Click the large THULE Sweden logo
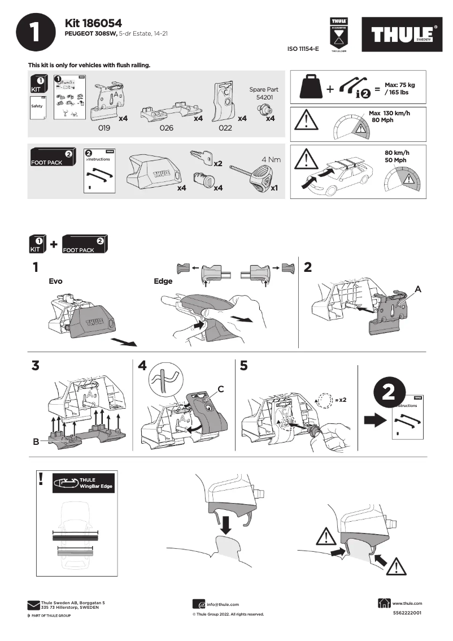pyautogui.click(x=403, y=35)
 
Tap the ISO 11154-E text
pyautogui.click(x=303, y=49)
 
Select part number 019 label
pyautogui.click(x=104, y=128)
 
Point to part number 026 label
pyautogui.click(x=166, y=128)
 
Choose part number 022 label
pyautogui.click(x=225, y=128)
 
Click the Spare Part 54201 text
pyautogui.click(x=263, y=93)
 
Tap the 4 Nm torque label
pyautogui.click(x=271, y=159)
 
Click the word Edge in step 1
pyautogui.click(x=163, y=280)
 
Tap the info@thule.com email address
pyautogui.click(x=223, y=604)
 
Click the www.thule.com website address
pyautogui.click(x=407, y=603)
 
